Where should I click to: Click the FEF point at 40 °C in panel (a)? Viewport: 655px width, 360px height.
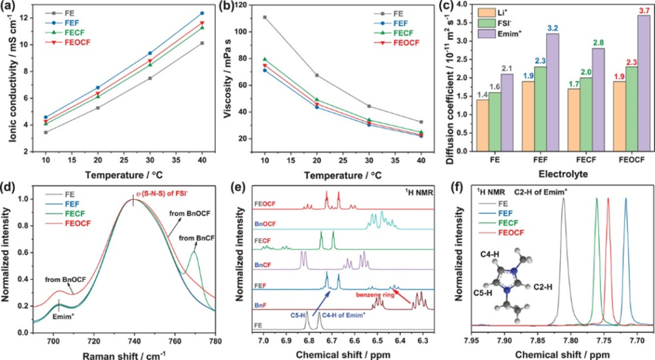point(202,13)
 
